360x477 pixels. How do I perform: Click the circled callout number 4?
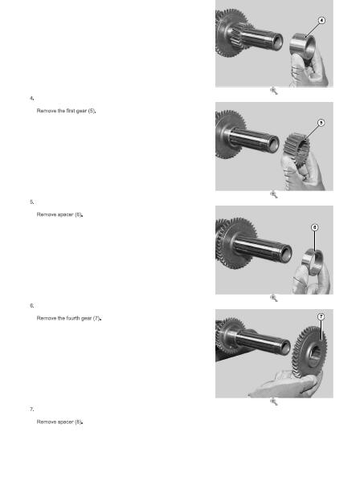[321, 20]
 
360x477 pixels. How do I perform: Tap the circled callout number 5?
[321, 123]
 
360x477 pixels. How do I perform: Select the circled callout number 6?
[315, 227]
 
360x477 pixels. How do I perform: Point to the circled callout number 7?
[321, 316]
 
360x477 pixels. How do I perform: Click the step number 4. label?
[31, 98]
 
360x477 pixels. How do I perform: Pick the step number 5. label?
[31, 202]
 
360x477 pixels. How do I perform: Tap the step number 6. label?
[31, 305]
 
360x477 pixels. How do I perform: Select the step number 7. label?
[31, 410]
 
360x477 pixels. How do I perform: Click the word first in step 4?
[70, 111]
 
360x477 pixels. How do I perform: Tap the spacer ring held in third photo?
[313, 262]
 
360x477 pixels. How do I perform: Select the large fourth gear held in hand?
[309, 352]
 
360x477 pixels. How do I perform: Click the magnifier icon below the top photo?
[273, 91]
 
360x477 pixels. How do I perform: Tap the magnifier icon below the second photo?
[273, 194]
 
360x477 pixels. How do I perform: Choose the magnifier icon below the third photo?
[273, 298]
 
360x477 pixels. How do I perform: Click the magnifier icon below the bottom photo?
[273, 402]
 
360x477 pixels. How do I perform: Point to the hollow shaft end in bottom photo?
[285, 347]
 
